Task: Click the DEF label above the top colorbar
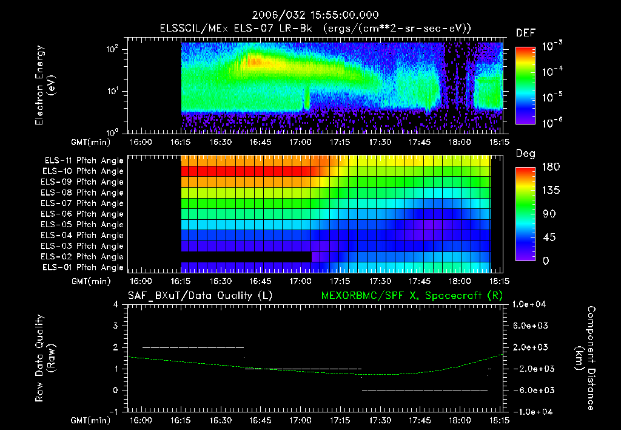click(x=525, y=33)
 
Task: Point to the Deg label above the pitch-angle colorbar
click(x=525, y=154)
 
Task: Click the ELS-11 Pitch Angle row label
click(x=84, y=161)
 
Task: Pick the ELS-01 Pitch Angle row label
click(x=84, y=268)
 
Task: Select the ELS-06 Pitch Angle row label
click(x=84, y=214)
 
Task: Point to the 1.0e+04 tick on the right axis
click(x=531, y=304)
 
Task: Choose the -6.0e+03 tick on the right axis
click(x=531, y=390)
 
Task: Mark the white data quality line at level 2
click(x=193, y=347)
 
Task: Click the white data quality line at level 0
click(x=425, y=391)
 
